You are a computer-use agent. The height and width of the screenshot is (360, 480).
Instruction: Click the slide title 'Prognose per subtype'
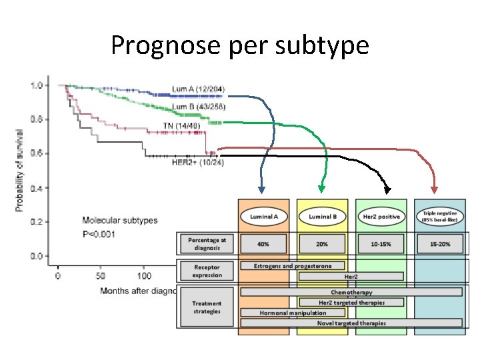click(239, 45)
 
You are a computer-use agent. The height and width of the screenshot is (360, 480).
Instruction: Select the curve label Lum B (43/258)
click(199, 107)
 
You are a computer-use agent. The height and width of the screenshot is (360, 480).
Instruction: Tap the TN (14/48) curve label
click(181, 125)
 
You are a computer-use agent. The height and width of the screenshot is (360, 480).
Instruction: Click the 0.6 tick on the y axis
click(38, 153)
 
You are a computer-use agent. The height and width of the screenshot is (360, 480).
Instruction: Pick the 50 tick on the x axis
click(100, 275)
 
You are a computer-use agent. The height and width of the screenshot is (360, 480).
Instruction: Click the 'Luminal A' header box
click(264, 217)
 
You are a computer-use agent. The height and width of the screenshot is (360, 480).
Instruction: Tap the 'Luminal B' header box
click(321, 217)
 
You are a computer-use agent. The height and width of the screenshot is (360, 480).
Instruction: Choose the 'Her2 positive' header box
click(381, 217)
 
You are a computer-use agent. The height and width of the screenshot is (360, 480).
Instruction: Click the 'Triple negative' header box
click(439, 216)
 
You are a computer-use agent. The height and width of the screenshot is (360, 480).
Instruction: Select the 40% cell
click(264, 243)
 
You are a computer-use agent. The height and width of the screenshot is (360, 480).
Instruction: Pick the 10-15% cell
click(381, 244)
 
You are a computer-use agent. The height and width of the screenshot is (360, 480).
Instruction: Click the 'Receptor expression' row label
click(207, 271)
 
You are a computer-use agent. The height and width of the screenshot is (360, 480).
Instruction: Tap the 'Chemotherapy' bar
click(351, 292)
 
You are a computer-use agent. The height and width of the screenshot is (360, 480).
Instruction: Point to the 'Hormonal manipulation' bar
click(293, 312)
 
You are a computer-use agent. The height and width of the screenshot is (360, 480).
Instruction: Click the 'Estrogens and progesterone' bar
click(293, 265)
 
